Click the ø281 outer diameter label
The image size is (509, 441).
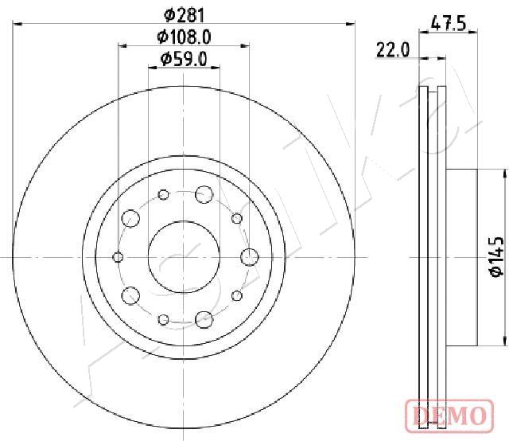point(184,15)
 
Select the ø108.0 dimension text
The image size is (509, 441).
point(184,37)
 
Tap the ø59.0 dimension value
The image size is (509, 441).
point(184,59)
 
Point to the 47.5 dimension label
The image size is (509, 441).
point(449,24)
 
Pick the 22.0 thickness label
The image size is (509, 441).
point(393,50)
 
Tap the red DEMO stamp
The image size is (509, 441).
point(449,415)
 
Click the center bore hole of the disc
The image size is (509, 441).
point(184,257)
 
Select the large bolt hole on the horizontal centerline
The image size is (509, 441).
point(250,257)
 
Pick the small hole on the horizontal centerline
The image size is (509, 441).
point(118,257)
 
